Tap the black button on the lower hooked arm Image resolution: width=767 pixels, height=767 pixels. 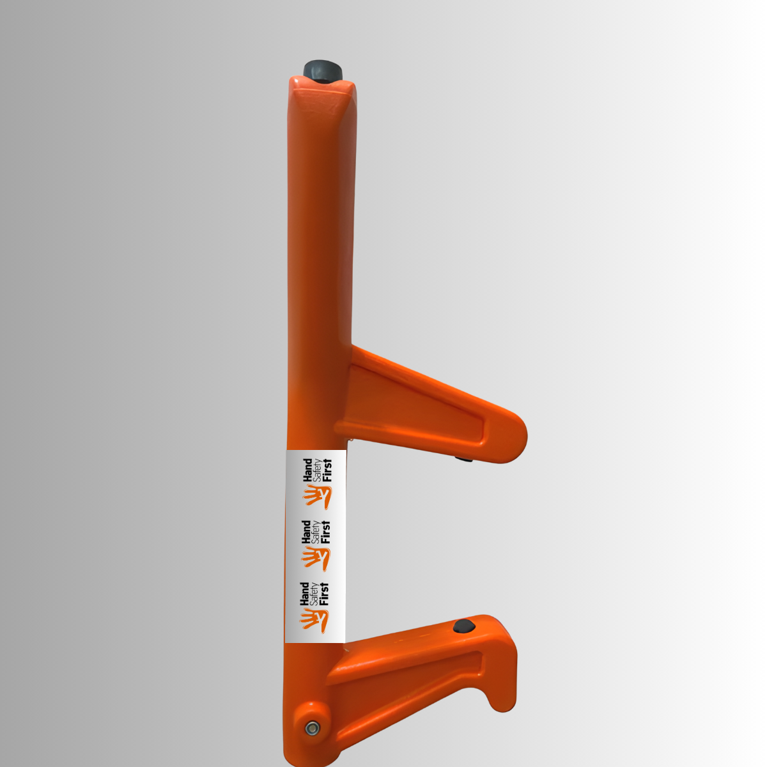click(x=464, y=626)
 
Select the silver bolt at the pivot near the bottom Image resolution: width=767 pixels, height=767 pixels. click(x=312, y=727)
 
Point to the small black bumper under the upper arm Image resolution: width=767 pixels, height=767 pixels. click(x=465, y=459)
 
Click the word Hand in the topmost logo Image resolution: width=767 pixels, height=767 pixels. click(x=307, y=470)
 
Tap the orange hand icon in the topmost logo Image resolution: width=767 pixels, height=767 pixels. click(x=318, y=497)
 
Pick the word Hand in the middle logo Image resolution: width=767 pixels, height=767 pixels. click(x=306, y=532)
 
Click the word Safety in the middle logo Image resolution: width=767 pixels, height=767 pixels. click(x=316, y=532)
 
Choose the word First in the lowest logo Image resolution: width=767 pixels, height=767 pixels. click(x=325, y=594)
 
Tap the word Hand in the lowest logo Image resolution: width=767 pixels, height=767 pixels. click(x=304, y=594)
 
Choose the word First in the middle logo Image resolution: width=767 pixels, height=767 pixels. click(x=327, y=532)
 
